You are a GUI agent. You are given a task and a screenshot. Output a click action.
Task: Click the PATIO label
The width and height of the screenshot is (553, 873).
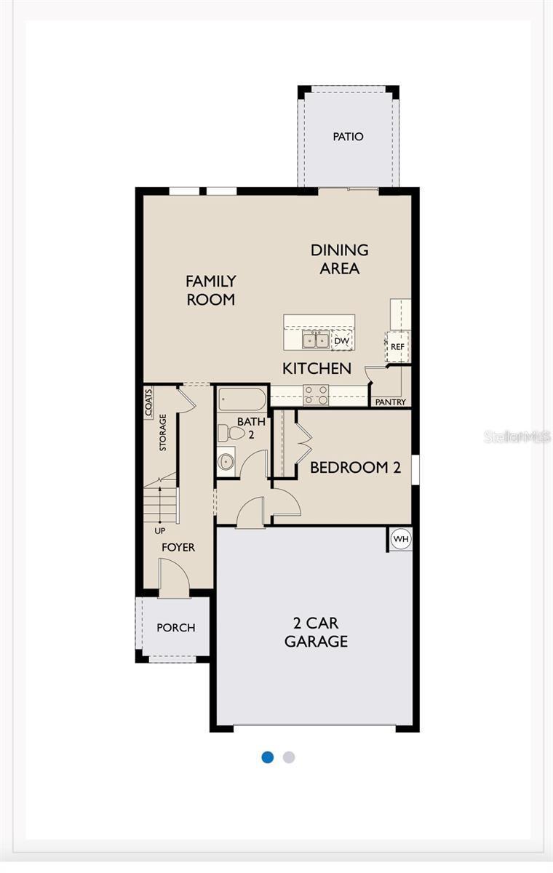click(348, 137)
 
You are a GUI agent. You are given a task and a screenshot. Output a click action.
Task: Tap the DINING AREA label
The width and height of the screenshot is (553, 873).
click(340, 259)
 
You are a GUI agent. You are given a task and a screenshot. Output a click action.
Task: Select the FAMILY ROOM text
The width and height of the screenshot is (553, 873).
click(211, 290)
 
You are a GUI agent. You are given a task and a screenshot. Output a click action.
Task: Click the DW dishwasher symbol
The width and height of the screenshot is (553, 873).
click(341, 340)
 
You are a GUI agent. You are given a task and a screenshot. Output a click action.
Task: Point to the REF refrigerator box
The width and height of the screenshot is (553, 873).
click(397, 346)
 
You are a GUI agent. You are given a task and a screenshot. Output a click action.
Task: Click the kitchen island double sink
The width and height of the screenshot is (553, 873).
click(316, 340)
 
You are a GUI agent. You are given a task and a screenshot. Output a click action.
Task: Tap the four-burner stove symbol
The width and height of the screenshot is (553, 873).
click(316, 394)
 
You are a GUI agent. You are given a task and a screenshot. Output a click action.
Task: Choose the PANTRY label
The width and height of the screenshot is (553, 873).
click(391, 402)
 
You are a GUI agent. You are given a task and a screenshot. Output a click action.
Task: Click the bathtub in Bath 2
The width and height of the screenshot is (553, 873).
click(242, 399)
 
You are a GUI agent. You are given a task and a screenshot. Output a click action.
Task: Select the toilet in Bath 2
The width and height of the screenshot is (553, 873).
click(232, 434)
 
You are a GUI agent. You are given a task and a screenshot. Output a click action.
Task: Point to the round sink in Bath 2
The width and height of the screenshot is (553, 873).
click(226, 461)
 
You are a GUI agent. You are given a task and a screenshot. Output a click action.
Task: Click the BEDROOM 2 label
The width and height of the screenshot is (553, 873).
click(355, 467)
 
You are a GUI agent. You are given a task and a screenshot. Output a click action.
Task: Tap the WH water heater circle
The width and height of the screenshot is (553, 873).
click(401, 539)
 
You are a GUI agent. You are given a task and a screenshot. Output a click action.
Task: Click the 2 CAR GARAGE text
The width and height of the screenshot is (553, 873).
click(316, 632)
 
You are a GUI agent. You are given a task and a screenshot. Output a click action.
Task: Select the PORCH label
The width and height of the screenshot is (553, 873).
click(176, 627)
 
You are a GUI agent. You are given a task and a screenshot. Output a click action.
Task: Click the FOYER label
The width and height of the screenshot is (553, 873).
click(178, 547)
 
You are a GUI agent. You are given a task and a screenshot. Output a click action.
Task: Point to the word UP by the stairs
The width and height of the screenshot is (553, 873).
click(160, 530)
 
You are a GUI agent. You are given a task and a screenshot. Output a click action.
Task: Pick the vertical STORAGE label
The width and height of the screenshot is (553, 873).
click(163, 432)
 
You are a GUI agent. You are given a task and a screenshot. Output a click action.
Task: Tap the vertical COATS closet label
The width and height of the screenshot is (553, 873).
click(148, 402)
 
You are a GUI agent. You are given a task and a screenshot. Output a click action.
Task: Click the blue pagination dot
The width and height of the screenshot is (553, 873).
click(268, 757)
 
